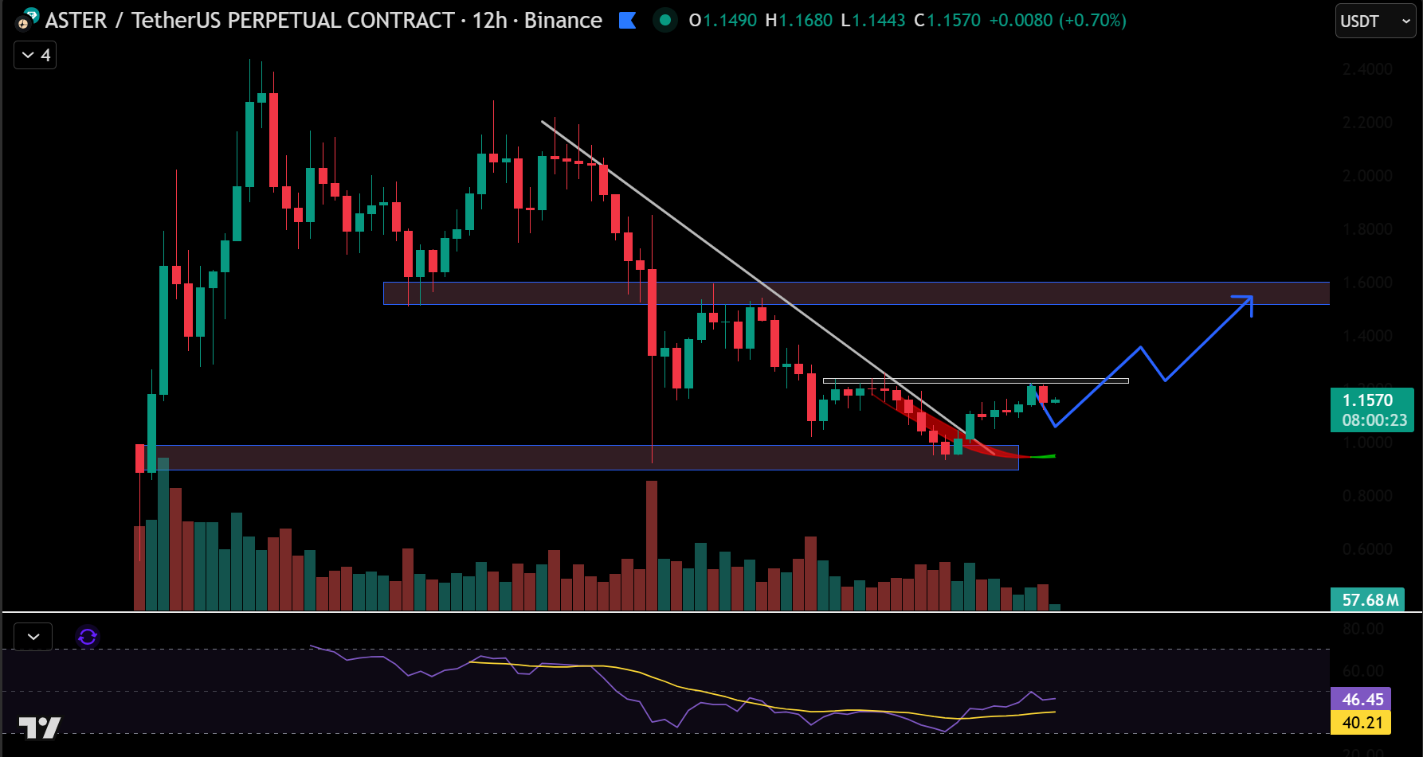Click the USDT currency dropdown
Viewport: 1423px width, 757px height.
point(1375,21)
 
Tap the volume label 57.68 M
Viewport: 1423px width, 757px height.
point(1367,599)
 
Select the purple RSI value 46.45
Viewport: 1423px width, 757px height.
point(1361,699)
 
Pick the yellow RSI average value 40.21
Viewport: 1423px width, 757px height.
point(1361,723)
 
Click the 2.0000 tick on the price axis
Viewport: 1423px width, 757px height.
point(1367,176)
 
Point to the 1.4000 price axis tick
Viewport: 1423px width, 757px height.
point(1367,336)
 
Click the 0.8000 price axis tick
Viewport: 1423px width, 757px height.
point(1367,496)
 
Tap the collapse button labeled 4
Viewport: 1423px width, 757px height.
point(35,55)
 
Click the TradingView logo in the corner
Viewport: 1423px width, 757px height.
point(40,727)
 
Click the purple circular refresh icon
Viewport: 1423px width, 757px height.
point(88,637)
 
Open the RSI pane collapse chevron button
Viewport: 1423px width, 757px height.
point(33,637)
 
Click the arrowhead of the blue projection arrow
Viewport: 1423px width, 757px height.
point(1248,300)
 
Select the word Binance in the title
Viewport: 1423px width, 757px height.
point(563,20)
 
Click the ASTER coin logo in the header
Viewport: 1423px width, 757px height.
point(28,19)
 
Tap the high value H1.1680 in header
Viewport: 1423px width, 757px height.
point(798,20)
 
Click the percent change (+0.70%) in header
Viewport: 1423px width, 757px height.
point(1092,20)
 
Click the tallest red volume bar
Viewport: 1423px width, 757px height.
point(652,545)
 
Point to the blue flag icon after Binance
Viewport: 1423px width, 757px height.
point(628,20)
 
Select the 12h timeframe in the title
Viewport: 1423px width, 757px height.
point(489,20)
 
